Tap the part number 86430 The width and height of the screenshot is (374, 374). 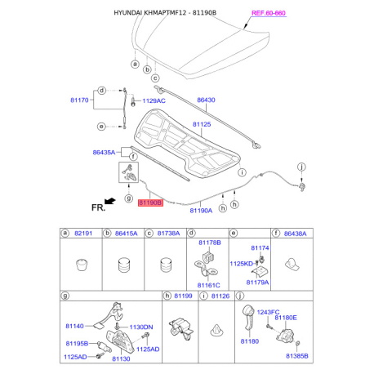point(206,100)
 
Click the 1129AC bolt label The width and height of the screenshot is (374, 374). point(154,100)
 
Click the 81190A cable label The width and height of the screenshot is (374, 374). point(201,210)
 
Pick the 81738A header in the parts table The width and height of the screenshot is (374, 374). point(169,234)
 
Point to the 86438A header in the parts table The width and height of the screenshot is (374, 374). point(295,234)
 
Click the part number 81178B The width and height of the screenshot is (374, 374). point(209,243)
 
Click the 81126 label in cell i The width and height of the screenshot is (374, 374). point(221,296)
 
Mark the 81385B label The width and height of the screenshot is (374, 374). point(296,356)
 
